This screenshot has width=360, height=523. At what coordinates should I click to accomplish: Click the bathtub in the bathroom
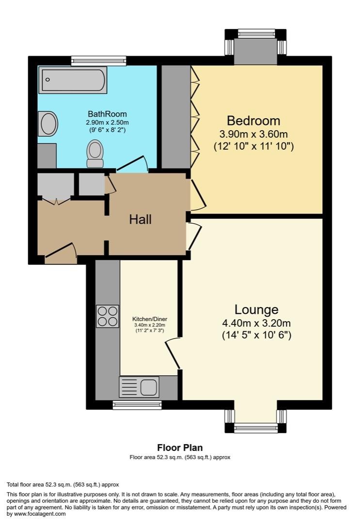click(x=73, y=80)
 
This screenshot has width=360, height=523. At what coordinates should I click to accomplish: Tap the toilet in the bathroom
click(x=95, y=154)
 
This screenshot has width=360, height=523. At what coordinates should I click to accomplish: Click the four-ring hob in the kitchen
click(x=108, y=316)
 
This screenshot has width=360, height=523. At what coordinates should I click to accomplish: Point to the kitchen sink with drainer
click(x=139, y=387)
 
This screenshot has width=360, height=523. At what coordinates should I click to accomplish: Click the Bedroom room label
click(x=253, y=121)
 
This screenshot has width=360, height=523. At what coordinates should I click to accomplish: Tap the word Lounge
click(x=256, y=309)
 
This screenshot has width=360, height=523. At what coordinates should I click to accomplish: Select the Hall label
click(x=141, y=219)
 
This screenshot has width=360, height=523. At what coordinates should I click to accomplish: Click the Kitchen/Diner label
click(x=150, y=319)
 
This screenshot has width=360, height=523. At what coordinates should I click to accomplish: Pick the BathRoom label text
click(x=107, y=114)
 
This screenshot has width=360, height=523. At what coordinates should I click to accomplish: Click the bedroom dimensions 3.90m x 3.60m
click(x=253, y=134)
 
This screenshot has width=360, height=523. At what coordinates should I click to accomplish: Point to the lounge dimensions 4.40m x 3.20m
click(x=256, y=323)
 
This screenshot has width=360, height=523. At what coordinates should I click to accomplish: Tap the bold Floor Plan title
click(x=180, y=447)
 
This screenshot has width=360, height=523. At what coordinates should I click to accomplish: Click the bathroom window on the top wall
click(x=99, y=61)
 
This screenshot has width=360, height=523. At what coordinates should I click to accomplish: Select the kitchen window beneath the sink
click(x=137, y=405)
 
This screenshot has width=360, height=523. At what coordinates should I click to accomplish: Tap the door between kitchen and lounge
click(x=173, y=354)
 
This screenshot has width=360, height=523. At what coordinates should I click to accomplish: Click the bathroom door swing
click(x=132, y=165)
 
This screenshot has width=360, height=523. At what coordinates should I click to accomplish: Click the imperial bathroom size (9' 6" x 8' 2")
click(x=107, y=130)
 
